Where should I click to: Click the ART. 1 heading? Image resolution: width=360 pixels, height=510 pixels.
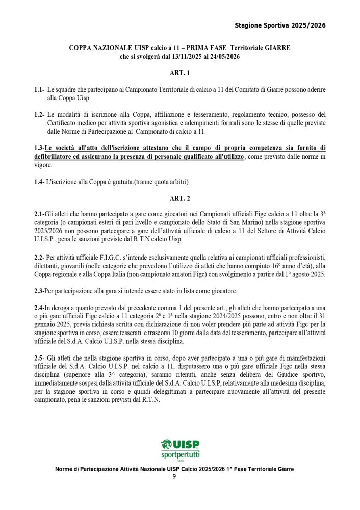click(x=179, y=73)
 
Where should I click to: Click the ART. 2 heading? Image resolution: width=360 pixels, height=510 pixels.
click(x=179, y=197)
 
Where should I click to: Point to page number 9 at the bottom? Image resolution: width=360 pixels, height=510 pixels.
click(x=174, y=477)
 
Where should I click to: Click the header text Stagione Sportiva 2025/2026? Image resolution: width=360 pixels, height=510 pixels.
click(x=280, y=25)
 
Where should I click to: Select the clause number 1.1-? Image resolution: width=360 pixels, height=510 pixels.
click(x=39, y=90)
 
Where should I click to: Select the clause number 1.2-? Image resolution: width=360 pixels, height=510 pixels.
click(x=39, y=114)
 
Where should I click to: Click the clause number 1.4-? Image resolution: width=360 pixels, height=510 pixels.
click(x=39, y=182)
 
